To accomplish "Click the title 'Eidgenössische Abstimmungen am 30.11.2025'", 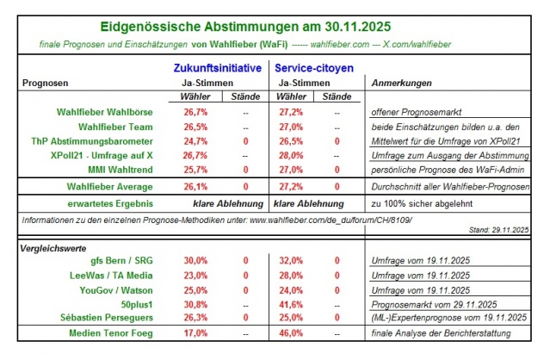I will click(275, 28).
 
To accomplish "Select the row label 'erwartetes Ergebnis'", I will click(110, 205).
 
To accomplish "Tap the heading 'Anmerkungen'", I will click(400, 83).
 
